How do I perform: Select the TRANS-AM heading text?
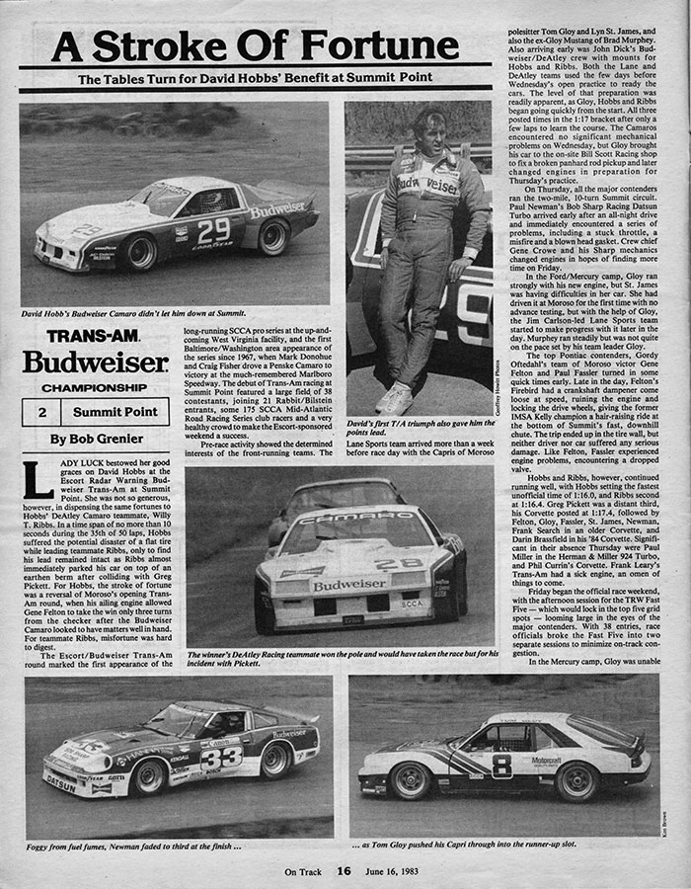(85, 335)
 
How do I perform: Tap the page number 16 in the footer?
(343, 870)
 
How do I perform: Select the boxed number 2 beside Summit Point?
(41, 411)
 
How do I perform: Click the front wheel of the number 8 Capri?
(413, 781)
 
